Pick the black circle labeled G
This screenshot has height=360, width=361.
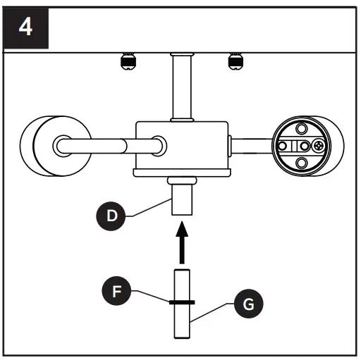pyautogui.click(x=247, y=305)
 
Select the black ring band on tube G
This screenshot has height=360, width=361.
pyautogui.click(x=182, y=302)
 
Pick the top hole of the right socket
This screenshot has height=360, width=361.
pyautogui.click(x=301, y=128)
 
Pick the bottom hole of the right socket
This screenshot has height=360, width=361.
pyautogui.click(x=301, y=163)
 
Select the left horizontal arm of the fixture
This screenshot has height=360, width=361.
pyautogui.click(x=106, y=146)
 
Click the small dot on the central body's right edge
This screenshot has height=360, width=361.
pyautogui.click(x=228, y=146)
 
